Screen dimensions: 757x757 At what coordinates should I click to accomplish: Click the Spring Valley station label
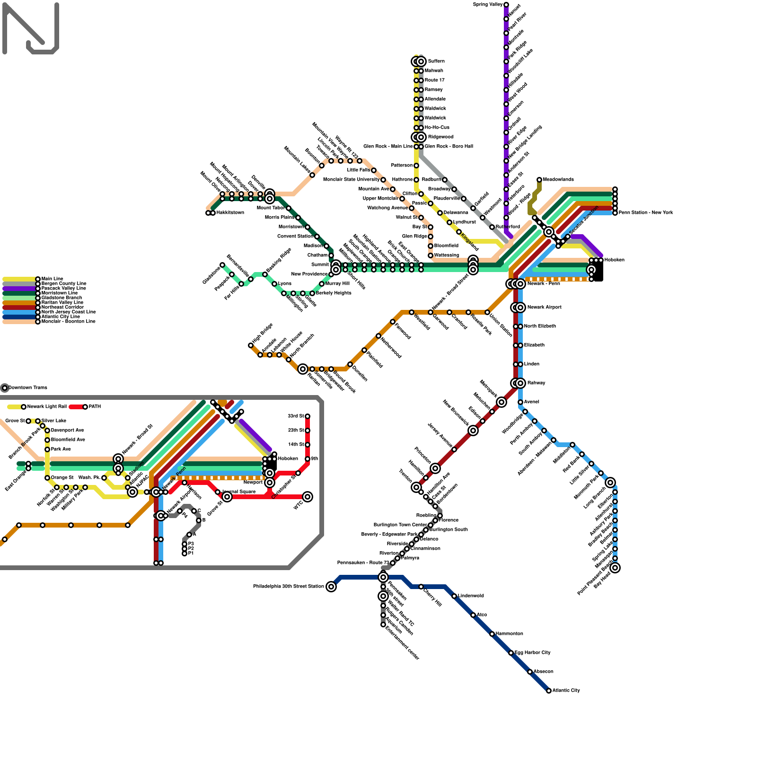coord(487,5)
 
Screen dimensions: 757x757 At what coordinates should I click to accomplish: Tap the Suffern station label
coord(436,62)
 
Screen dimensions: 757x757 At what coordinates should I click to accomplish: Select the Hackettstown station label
coord(230,213)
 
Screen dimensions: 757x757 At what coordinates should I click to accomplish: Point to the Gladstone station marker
coord(222,265)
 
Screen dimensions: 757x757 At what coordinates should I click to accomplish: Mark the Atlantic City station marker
coord(549,691)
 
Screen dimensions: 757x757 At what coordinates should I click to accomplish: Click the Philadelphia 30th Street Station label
coord(288,587)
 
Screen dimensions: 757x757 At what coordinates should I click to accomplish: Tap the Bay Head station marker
coord(615,568)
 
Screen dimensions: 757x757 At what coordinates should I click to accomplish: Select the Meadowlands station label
coord(558,180)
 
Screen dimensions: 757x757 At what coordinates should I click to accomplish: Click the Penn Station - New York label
coord(645,213)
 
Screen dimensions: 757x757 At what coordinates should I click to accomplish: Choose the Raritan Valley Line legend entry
coord(62,303)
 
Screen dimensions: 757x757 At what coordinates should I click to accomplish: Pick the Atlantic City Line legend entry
coord(61,317)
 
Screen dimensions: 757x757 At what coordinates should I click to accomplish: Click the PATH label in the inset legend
coord(95,407)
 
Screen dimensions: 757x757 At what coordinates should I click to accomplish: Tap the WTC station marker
coord(308,497)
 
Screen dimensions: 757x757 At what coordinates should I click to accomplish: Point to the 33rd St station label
coord(296,416)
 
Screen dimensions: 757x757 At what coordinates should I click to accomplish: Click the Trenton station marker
coord(416,487)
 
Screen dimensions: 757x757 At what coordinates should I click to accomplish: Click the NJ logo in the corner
coord(31,28)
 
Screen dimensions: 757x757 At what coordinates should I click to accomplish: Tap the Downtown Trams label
coord(27,388)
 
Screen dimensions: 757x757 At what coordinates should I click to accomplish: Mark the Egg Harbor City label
coord(532,653)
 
